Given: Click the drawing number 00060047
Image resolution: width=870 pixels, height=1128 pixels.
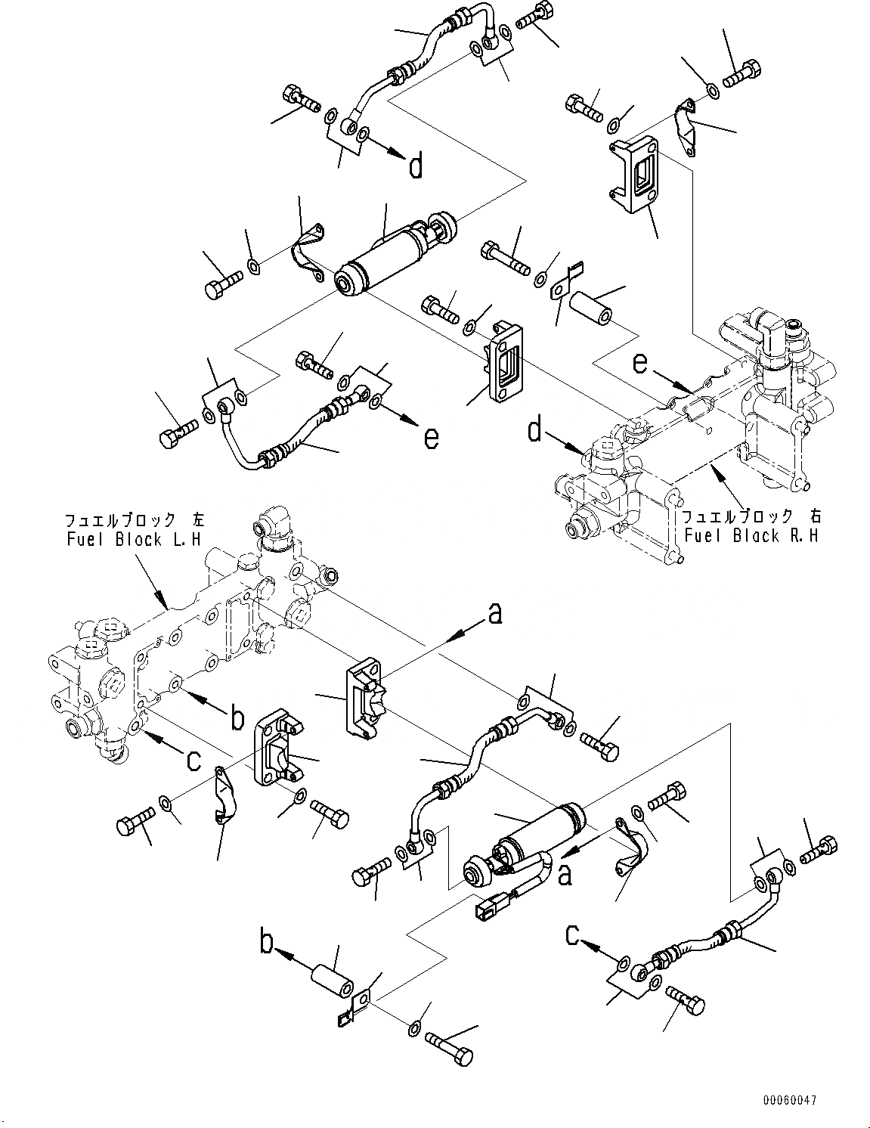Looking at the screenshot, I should pyautogui.click(x=789, y=1100).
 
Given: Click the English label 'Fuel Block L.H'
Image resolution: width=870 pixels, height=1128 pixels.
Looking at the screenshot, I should pyautogui.click(x=113, y=540).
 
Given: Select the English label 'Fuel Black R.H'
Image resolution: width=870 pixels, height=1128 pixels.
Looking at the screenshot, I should pyautogui.click(x=752, y=536).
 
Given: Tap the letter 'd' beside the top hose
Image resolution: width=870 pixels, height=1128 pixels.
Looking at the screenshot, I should pyautogui.click(x=416, y=166).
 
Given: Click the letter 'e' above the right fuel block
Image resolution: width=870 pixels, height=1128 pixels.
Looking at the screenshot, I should pyautogui.click(x=640, y=364).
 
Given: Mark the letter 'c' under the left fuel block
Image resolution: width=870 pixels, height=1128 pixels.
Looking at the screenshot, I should pyautogui.click(x=194, y=760).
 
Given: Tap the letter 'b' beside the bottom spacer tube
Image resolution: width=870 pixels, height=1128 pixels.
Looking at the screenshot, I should pyautogui.click(x=267, y=943).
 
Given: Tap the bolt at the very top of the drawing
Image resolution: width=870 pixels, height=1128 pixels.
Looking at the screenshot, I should pyautogui.click(x=537, y=15).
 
